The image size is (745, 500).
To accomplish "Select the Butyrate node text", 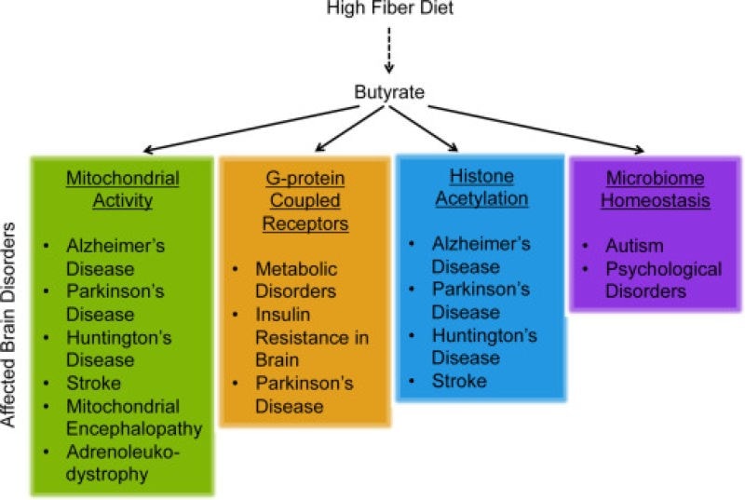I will [x=388, y=91].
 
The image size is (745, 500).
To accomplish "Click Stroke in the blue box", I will [x=459, y=380].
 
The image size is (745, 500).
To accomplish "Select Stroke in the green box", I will [x=93, y=384].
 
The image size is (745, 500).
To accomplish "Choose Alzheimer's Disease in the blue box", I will [x=481, y=256].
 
